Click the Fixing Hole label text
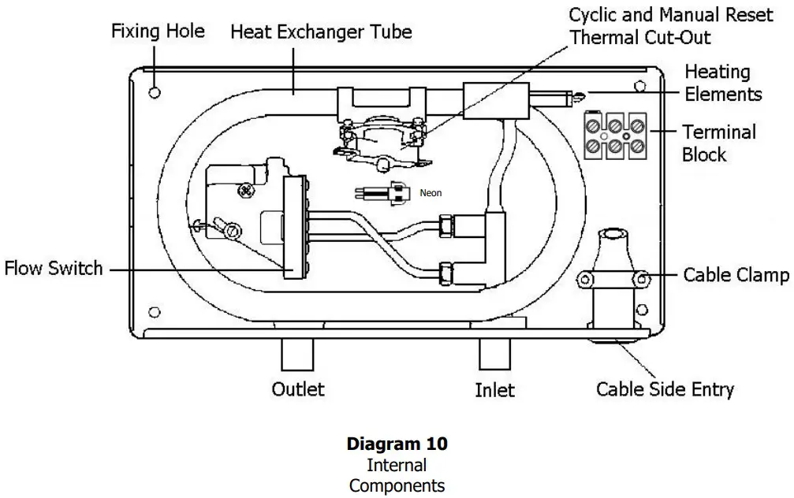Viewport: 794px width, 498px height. (158, 32)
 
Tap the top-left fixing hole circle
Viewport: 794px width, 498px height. (155, 93)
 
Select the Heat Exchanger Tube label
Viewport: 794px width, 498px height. (320, 32)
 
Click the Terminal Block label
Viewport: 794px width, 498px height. (718, 143)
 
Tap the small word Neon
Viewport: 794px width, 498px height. (431, 192)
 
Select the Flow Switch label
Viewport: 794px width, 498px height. (54, 268)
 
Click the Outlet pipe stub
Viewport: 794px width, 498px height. (297, 355)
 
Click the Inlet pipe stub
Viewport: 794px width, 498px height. (495, 355)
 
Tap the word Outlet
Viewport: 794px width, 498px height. (297, 389)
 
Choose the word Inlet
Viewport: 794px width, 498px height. (494, 390)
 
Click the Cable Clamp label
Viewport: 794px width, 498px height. (735, 275)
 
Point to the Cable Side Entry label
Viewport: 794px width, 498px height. (665, 388)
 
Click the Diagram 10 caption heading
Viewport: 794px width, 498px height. (397, 444)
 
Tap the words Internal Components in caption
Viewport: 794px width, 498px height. (397, 475)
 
